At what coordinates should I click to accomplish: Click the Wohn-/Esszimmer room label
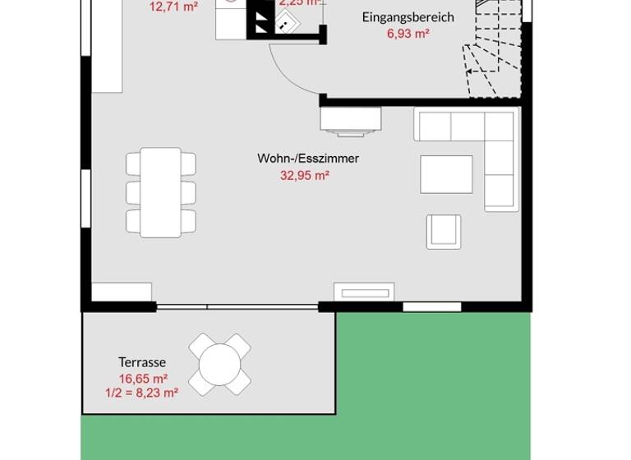[307, 159]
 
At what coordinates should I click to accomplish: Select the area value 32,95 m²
[305, 175]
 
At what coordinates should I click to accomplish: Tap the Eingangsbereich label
[408, 17]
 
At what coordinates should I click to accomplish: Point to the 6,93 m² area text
[408, 34]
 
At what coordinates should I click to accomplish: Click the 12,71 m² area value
[173, 7]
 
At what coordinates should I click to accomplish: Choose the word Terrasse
[142, 362]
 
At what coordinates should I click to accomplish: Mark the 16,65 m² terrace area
[142, 378]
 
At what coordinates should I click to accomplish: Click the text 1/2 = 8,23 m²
[142, 393]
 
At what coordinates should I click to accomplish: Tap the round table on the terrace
[219, 364]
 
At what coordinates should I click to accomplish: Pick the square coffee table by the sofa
[446, 174]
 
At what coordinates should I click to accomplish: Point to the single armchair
[444, 232]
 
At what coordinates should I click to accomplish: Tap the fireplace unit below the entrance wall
[351, 121]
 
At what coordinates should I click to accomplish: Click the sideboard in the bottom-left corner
[121, 292]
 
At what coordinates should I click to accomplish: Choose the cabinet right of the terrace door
[363, 292]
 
